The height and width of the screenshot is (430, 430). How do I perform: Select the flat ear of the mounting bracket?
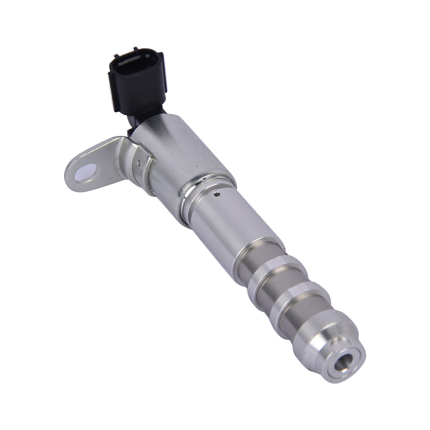92,166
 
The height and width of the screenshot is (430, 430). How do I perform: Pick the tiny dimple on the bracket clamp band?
139,163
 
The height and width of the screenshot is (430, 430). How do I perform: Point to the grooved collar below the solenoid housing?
202,196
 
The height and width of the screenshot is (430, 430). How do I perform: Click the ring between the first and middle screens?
273,275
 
